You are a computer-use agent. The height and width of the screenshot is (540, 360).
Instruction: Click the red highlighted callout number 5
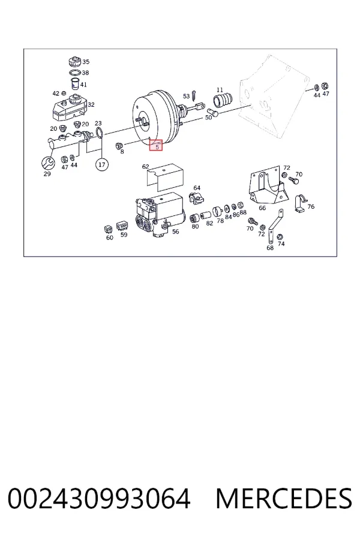pyautogui.click(x=156, y=145)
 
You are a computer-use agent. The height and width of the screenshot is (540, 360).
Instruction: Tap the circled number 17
pyautogui.click(x=101, y=164)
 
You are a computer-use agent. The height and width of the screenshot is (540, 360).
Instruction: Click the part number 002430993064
pyautogui.click(x=99, y=499)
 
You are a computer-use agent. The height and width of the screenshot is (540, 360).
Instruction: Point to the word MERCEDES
pyautogui.click(x=284, y=499)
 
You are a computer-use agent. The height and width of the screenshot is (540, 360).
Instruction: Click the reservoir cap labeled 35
pyautogui.click(x=74, y=62)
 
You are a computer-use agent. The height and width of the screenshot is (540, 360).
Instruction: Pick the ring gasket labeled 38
pyautogui.click(x=74, y=73)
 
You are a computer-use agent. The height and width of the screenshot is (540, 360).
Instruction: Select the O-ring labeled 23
pyautogui.click(x=99, y=133)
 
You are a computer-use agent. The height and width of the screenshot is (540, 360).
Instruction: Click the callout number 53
pyautogui.click(x=187, y=96)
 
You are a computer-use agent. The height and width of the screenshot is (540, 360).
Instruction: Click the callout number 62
pyautogui.click(x=145, y=167)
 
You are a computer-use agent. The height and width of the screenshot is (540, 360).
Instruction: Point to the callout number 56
pyautogui.click(x=176, y=232)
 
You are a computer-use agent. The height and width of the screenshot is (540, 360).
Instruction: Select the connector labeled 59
pyautogui.click(x=122, y=225)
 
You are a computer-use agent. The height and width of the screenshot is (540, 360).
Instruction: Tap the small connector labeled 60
pyautogui.click(x=108, y=229)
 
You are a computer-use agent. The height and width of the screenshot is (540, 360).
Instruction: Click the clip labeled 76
pyautogui.click(x=300, y=203)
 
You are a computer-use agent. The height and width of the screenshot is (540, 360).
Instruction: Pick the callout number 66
pyautogui.click(x=262, y=208)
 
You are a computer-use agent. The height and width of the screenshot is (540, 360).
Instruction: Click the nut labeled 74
pyautogui.click(x=280, y=236)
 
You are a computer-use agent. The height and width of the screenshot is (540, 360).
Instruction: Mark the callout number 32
pyautogui.click(x=91, y=104)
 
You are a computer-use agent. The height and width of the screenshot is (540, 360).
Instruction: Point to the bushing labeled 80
pyautogui.click(x=194, y=218)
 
